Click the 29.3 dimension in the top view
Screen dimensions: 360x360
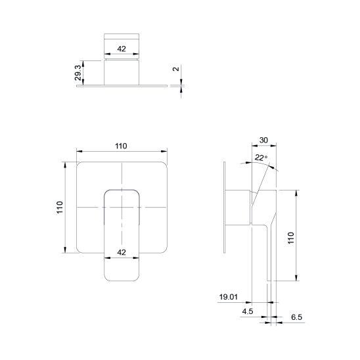click(x=78, y=72)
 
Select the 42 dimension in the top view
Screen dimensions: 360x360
click(x=122, y=49)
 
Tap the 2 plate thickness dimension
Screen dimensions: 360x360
click(x=176, y=68)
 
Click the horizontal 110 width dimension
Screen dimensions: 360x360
click(x=121, y=146)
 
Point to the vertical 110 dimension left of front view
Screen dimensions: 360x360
click(x=60, y=208)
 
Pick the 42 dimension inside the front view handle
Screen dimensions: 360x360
click(x=122, y=252)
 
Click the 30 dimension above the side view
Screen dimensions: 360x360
click(x=263, y=140)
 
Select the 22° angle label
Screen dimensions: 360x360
click(x=261, y=158)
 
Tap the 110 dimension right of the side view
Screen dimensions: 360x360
click(x=290, y=238)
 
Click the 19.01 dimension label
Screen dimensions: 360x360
click(x=229, y=297)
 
